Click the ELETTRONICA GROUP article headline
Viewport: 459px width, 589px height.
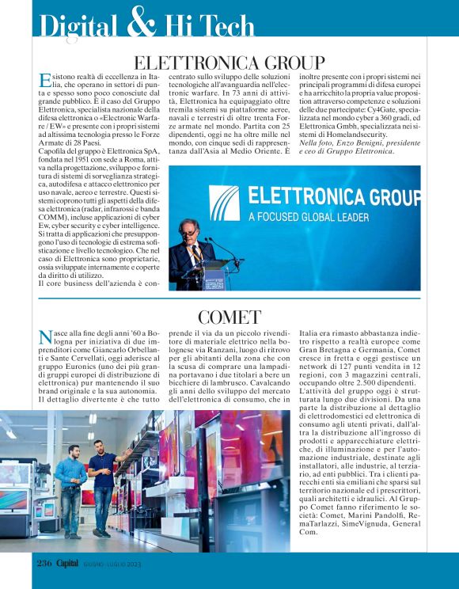229,63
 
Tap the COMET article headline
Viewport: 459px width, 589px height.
229,317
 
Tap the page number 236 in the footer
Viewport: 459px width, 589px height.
45,564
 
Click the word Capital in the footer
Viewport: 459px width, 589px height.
70,564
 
